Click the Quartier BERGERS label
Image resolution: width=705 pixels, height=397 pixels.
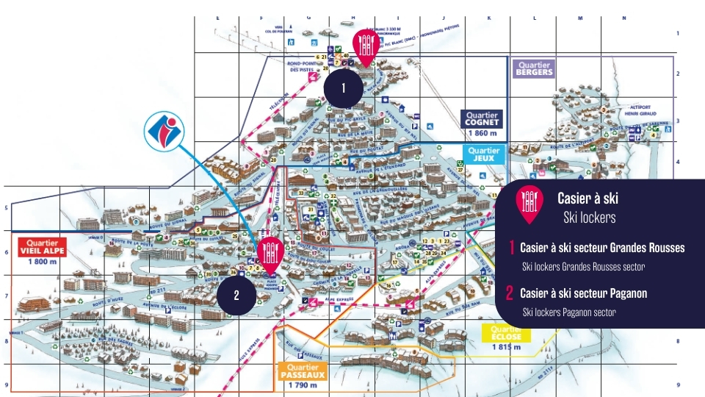[534, 68]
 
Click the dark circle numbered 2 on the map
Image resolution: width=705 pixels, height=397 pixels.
[236, 296]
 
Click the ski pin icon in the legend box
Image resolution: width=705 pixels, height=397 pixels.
[528, 204]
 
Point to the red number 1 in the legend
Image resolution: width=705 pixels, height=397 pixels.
[511, 248]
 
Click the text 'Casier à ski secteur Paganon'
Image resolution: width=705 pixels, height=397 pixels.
[583, 293]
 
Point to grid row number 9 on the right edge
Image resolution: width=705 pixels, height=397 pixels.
[679, 385]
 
